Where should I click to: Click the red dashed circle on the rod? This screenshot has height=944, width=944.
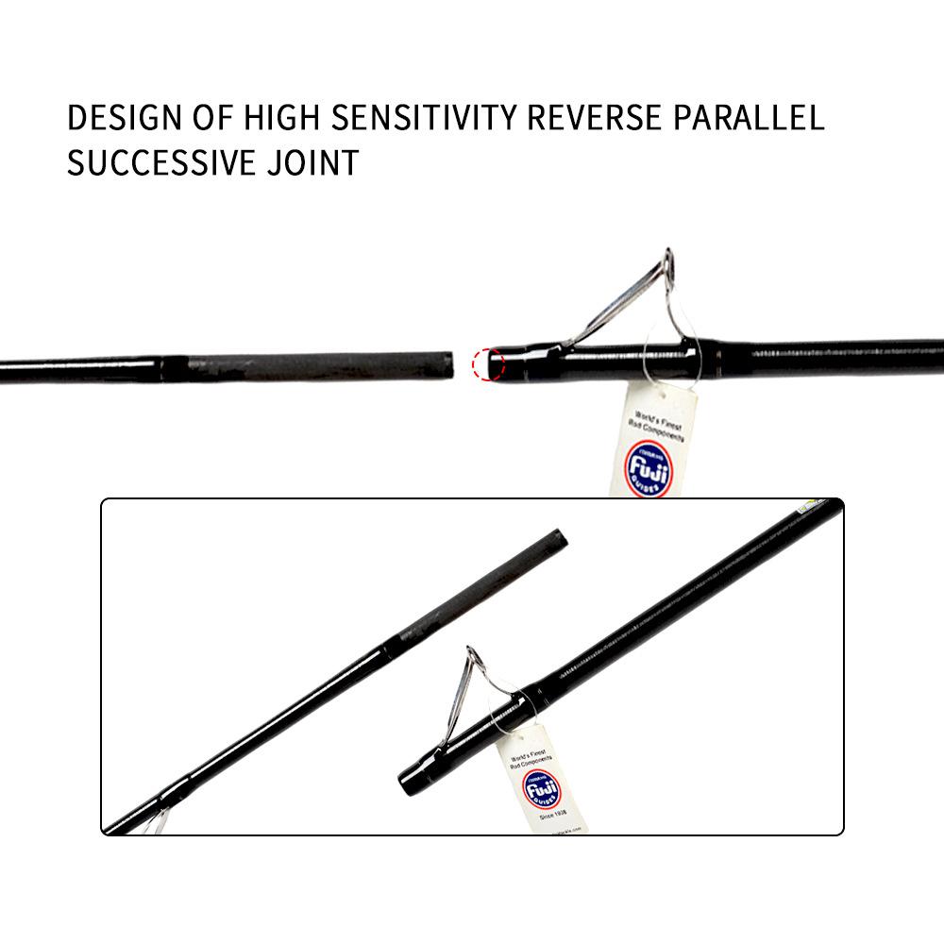pos(487,363)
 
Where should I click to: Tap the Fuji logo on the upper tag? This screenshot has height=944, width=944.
pos(648,467)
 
